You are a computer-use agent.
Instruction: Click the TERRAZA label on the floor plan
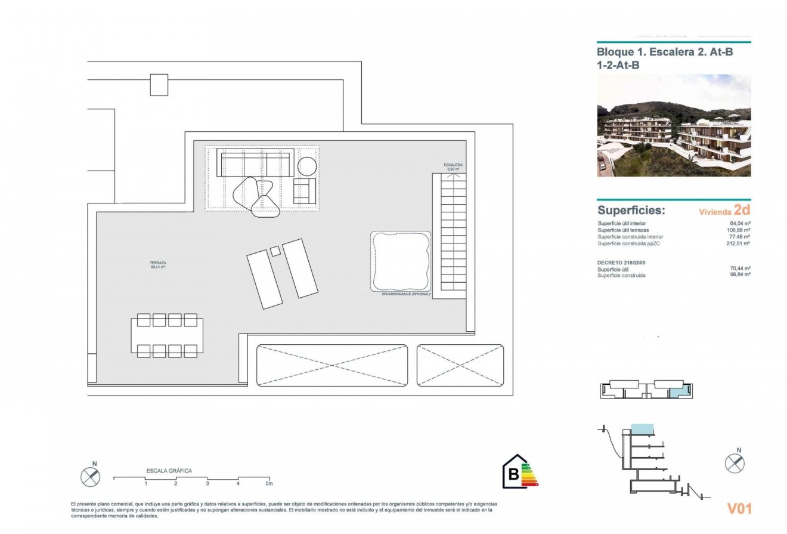coord(158,265)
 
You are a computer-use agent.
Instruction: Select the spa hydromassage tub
coord(400,261)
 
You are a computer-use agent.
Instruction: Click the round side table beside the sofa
coord(307,166)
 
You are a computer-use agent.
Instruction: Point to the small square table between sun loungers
coord(275,251)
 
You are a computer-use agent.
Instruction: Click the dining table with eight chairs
coord(168,336)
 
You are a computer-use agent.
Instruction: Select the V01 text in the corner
coord(739,508)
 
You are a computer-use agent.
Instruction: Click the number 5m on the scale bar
coord(268,483)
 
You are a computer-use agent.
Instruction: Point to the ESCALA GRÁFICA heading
coord(169,471)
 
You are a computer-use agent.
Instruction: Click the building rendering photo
coord(674,125)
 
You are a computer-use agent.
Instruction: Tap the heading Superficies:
coord(631,211)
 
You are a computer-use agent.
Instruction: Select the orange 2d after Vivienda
coord(742,209)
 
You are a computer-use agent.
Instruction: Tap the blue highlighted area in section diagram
coord(642,428)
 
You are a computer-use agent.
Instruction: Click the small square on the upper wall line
coord(159,85)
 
